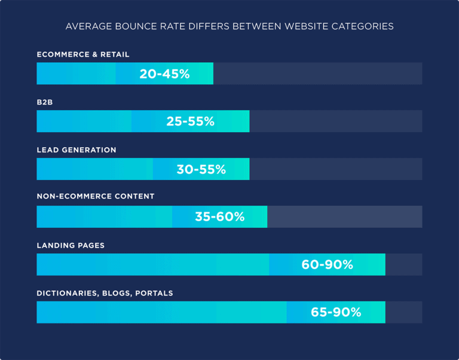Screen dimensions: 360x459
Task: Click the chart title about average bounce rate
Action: [229, 26]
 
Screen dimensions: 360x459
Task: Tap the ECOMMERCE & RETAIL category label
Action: [83, 54]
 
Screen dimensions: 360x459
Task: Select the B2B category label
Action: [45, 102]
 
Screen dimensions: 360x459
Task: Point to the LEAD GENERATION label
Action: [76, 150]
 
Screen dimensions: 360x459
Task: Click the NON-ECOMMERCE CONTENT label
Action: [96, 196]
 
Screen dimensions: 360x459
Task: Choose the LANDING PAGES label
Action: [71, 245]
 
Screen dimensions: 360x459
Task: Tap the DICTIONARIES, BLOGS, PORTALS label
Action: [105, 293]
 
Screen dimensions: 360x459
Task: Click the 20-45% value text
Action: [164, 74]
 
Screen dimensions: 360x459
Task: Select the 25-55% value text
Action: [190, 121]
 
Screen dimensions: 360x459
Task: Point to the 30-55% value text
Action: [201, 169]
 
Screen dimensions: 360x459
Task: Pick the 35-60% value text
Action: [219, 216]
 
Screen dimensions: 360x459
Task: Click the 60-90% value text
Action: [327, 264]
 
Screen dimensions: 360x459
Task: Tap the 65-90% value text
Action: [336, 312]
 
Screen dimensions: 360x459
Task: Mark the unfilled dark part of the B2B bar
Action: [335, 121]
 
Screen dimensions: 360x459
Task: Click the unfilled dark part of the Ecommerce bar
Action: [317, 74]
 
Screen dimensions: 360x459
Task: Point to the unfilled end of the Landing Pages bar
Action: [403, 264]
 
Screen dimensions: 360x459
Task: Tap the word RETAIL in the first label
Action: [115, 54]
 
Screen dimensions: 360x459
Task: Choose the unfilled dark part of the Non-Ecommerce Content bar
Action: [344, 216]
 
